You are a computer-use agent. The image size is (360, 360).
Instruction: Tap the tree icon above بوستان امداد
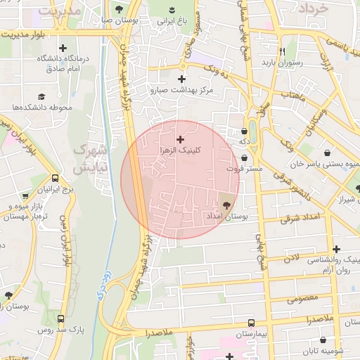[226, 205]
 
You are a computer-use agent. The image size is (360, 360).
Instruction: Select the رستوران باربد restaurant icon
[282, 51]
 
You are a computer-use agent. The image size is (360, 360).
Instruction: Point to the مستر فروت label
[244, 169]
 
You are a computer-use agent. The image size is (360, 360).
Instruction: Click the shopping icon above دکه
[244, 131]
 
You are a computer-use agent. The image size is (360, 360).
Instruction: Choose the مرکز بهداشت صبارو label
[186, 90]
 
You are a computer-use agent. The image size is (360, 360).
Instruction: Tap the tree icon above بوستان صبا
[116, 9]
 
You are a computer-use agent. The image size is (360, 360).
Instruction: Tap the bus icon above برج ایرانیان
[56, 179]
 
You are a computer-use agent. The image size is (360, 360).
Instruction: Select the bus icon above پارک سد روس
[61, 318]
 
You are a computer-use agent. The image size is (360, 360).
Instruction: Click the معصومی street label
[302, 299]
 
